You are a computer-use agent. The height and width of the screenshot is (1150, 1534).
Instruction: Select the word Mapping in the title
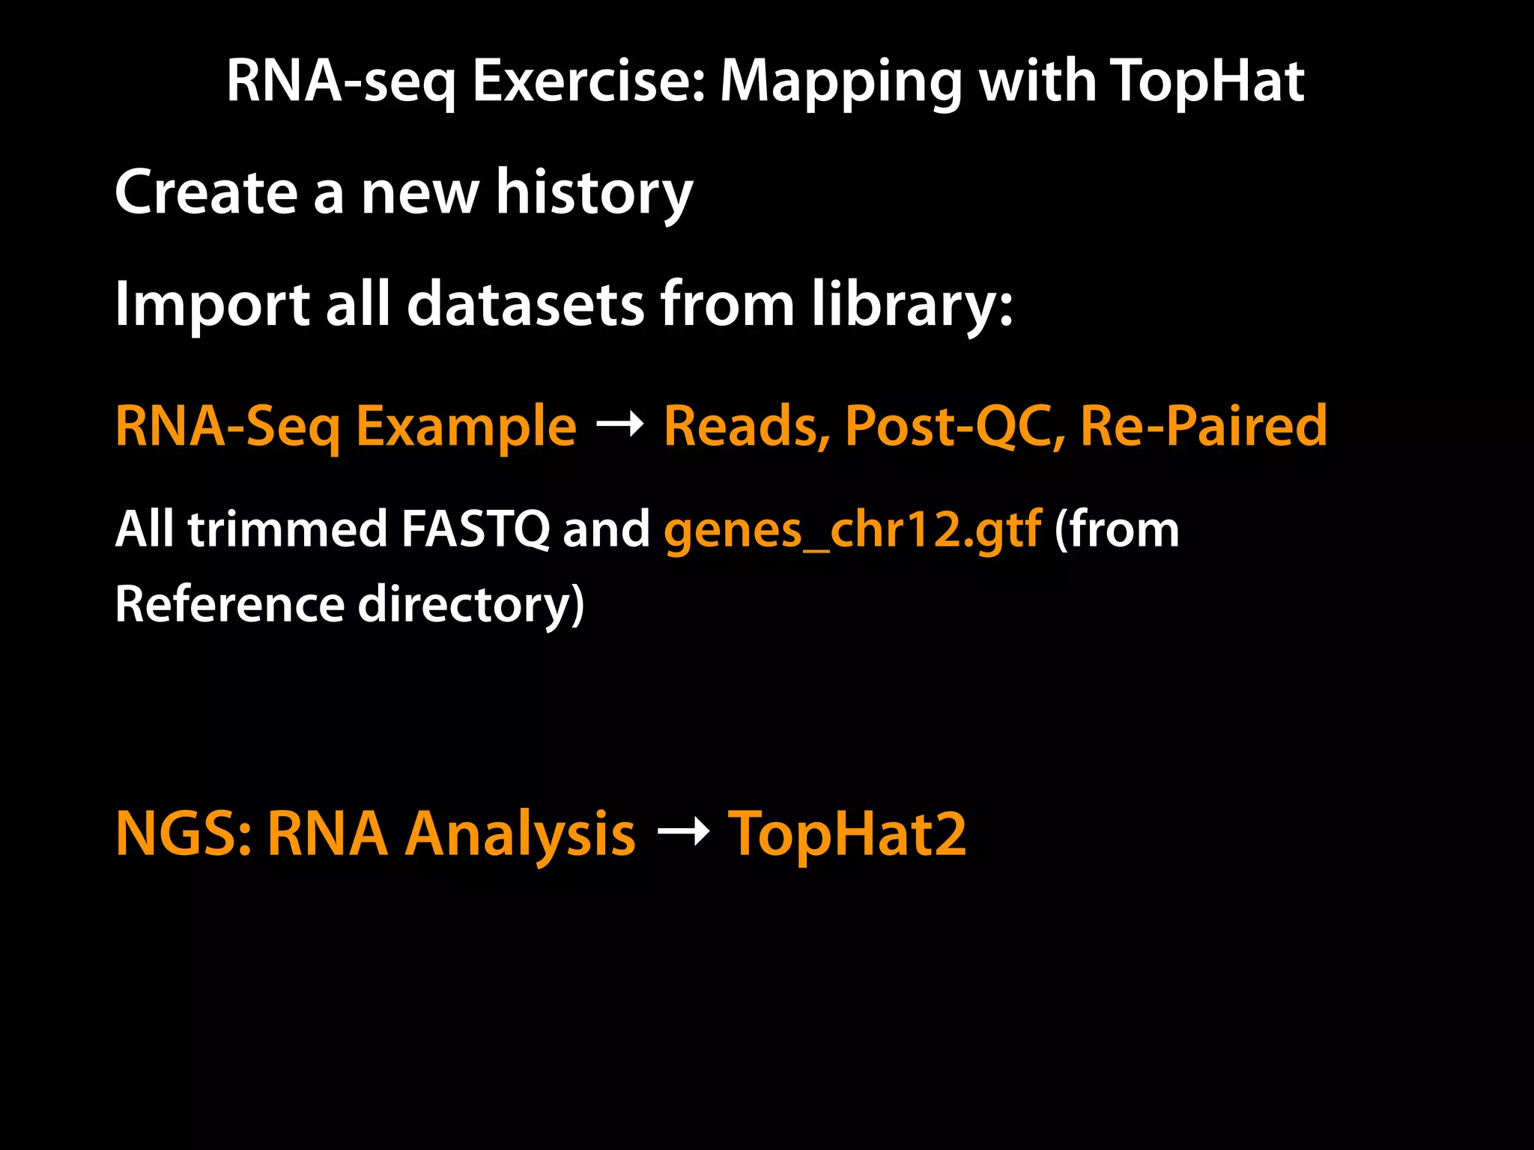click(x=840, y=82)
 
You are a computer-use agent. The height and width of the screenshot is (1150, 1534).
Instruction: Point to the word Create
click(x=206, y=192)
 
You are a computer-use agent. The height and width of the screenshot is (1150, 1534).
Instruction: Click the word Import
click(x=212, y=305)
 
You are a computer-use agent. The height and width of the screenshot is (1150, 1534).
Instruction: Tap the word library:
click(x=912, y=305)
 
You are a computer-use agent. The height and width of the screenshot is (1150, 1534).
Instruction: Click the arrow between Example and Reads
click(x=619, y=425)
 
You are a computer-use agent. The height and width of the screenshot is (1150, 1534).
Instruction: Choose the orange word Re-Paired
click(x=1203, y=425)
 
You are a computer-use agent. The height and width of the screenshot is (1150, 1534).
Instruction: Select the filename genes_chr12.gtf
click(x=852, y=530)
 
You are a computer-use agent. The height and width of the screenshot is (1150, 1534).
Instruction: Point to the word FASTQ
click(x=475, y=530)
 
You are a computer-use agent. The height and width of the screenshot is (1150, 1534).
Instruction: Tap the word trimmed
click(x=287, y=529)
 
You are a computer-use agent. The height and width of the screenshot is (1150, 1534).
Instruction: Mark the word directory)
click(x=470, y=605)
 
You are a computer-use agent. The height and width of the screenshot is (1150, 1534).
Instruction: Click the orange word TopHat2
click(x=847, y=833)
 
